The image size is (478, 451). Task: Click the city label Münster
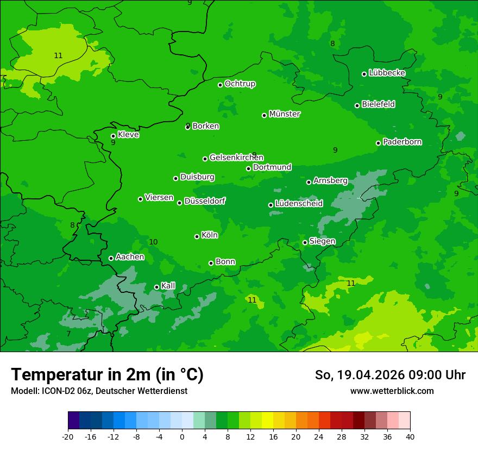coord(285,114)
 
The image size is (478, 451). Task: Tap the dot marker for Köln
coord(197,236)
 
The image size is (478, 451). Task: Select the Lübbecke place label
coord(387,73)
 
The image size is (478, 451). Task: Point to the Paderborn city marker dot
coord(379,143)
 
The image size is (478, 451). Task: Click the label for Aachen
coord(130,257)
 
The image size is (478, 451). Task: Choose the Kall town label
coord(168,286)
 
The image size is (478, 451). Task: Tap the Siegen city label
coord(322,241)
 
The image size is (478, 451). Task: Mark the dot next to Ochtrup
coord(221,85)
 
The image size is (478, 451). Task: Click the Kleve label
coord(128,135)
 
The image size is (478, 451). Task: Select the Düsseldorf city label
coord(205,201)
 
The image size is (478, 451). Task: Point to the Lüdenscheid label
coord(299,204)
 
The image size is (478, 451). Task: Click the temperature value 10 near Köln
coord(153,242)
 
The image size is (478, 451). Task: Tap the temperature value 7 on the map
coord(68,334)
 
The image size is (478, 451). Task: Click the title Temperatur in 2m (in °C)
coord(107,374)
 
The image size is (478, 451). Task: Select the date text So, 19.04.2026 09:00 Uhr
coord(390,375)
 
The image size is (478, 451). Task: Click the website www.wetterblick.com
coord(392,391)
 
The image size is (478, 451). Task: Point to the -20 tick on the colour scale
coord(68,437)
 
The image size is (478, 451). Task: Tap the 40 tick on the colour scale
coord(410,437)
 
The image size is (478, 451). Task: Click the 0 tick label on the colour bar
coord(182,437)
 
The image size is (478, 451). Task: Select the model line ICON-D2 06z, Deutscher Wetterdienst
coord(99,391)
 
